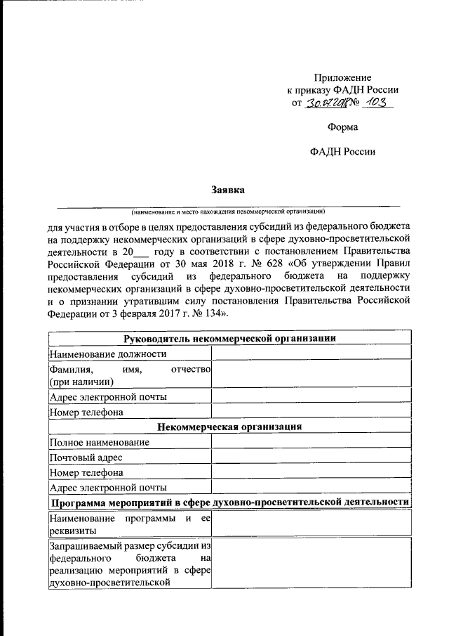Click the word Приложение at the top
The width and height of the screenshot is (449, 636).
point(342,77)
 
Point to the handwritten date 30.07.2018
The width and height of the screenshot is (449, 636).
point(326,103)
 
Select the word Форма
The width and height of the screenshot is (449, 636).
point(342,127)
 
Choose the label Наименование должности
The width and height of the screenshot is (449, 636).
point(108,353)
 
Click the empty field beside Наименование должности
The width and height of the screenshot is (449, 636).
point(311,353)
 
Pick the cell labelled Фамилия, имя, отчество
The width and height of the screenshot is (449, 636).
point(130,375)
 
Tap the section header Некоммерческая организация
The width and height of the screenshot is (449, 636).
point(229,427)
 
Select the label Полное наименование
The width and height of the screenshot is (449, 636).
point(99,442)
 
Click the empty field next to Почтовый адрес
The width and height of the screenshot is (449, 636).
point(311,457)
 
